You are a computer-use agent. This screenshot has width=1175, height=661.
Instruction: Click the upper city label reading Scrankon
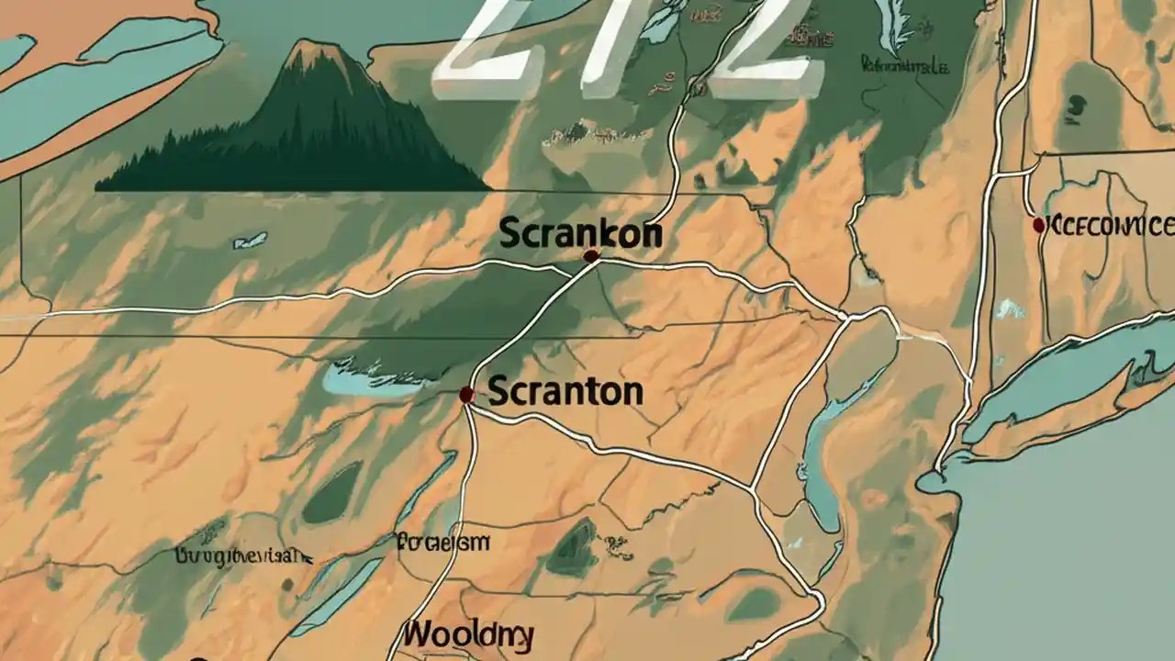(580, 233)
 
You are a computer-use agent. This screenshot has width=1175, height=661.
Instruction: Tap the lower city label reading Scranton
(565, 392)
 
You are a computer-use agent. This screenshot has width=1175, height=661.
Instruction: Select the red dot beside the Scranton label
(466, 395)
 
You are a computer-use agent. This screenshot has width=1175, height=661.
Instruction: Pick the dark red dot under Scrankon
(590, 256)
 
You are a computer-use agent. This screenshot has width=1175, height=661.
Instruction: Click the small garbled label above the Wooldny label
(442, 542)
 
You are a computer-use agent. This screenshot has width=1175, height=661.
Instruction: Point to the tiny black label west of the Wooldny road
(243, 555)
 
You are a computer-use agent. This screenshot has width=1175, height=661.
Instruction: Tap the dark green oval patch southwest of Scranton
(332, 493)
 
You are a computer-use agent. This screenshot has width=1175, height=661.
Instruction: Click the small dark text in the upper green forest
(904, 64)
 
